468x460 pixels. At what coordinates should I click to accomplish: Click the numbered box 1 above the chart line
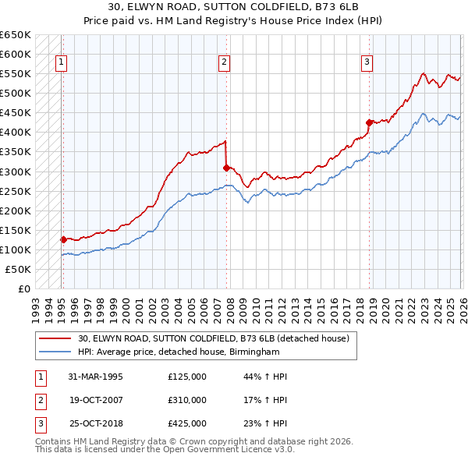tap(61, 64)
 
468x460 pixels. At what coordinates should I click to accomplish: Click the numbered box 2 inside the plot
tap(224, 64)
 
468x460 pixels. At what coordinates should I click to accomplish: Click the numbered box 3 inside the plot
tap(366, 64)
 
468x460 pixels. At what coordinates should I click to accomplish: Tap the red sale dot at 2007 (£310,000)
tap(226, 167)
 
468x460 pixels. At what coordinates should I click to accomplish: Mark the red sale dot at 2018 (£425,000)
tap(369, 122)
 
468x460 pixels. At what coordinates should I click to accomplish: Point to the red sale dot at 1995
tap(63, 239)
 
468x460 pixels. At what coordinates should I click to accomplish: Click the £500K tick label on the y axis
tap(16, 93)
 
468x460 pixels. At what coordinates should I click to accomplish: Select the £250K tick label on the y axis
tap(16, 191)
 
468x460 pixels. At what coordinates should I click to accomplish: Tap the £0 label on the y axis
tap(23, 288)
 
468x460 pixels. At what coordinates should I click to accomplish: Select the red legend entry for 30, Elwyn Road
tap(218, 338)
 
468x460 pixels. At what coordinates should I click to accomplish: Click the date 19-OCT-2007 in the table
tap(95, 400)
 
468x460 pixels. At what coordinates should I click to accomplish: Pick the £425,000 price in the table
tap(186, 423)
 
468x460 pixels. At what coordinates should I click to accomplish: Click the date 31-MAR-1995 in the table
tap(95, 377)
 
